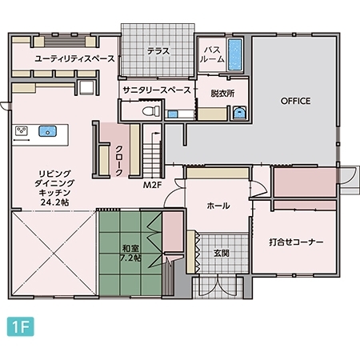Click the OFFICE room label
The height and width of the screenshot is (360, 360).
pyautogui.click(x=295, y=101)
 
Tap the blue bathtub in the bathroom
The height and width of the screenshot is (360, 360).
pyautogui.click(x=235, y=54)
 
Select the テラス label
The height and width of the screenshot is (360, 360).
pyautogui.click(x=158, y=51)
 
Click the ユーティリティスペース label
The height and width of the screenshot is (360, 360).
pyautogui.click(x=65, y=59)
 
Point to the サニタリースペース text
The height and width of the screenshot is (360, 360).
pyautogui.click(x=157, y=90)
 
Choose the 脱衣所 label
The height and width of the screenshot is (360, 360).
pyautogui.click(x=223, y=93)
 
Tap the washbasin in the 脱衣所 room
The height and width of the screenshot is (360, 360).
pyautogui.click(x=239, y=113)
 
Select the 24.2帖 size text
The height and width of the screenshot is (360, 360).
pyautogui.click(x=54, y=203)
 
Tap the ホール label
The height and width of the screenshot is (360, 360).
pyautogui.click(x=218, y=206)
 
